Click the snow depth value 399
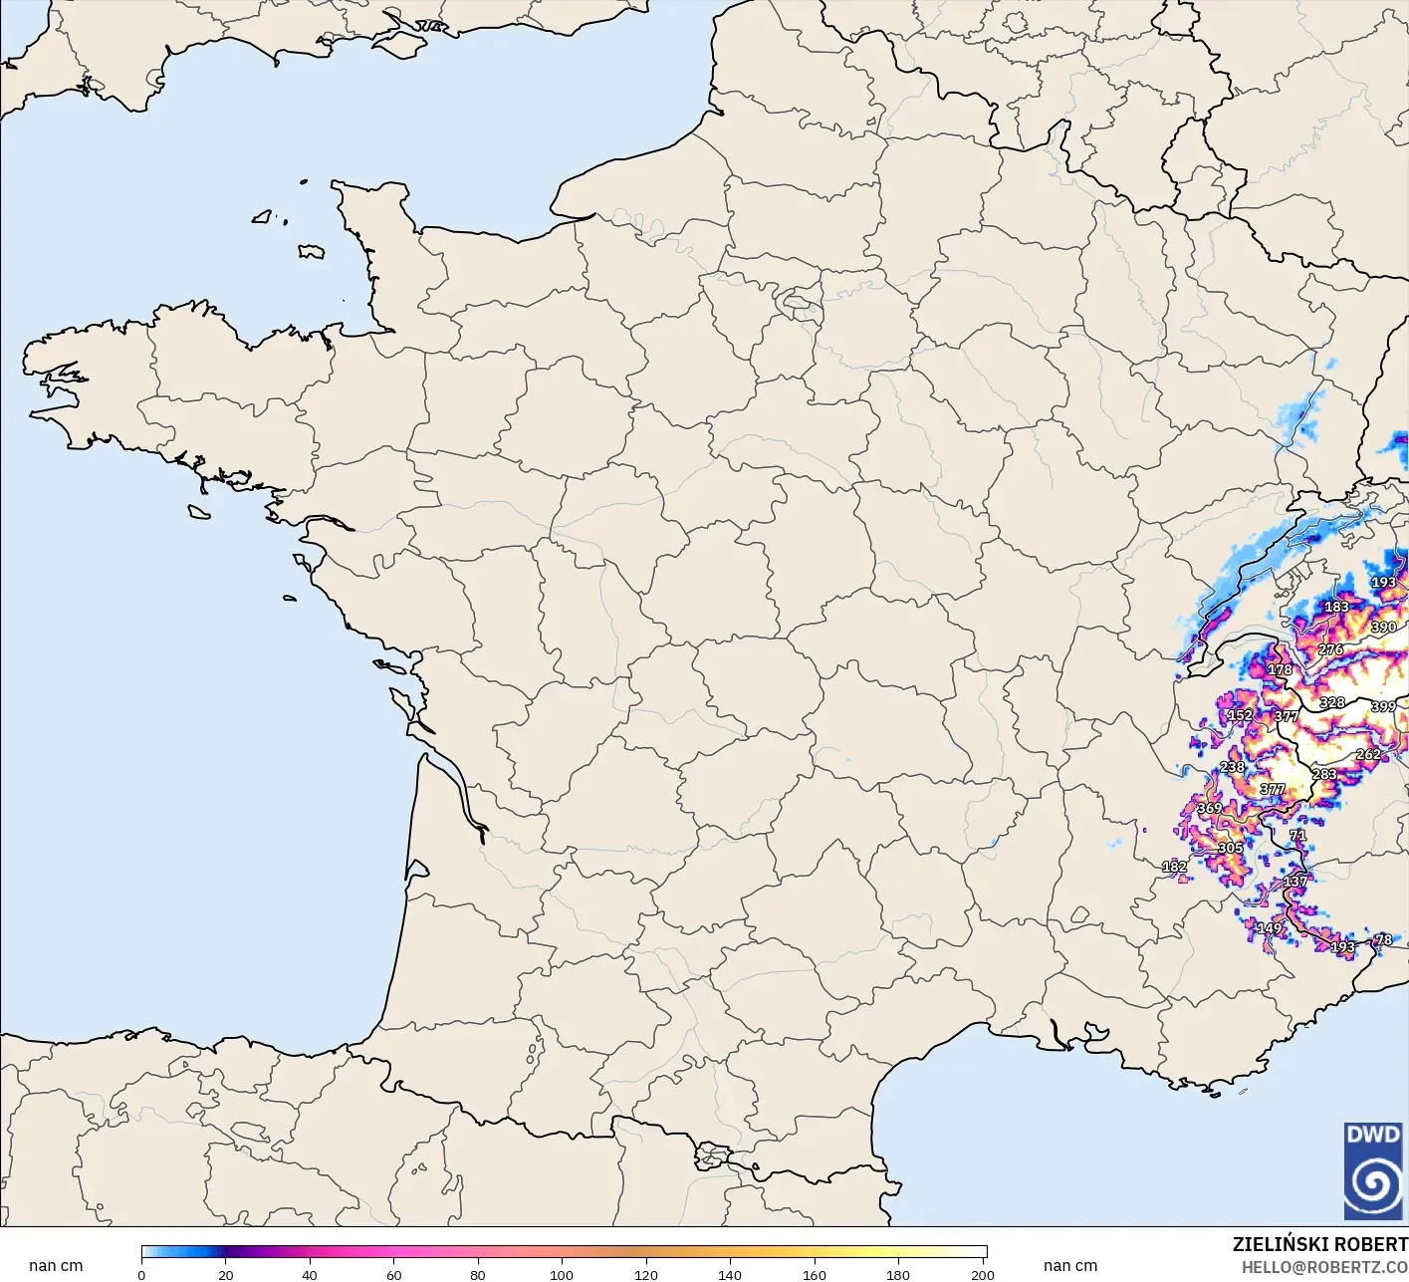tap(1383, 706)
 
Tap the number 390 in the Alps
tap(1383, 628)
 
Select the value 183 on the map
tap(1336, 607)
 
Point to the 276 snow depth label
tap(1330, 649)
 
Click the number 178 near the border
tap(1280, 670)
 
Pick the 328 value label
tap(1332, 702)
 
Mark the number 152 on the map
tap(1240, 715)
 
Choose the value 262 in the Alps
tap(1368, 754)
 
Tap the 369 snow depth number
tap(1209, 808)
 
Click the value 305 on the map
tap(1230, 849)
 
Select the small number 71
tap(1297, 836)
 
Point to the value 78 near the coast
tap(1384, 939)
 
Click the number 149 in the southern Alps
tap(1270, 928)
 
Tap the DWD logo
tap(1373, 1170)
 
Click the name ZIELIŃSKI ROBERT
tap(1319, 1244)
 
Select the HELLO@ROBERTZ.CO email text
tap(1324, 1267)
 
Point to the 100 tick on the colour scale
tap(562, 1274)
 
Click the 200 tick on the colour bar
tap(983, 1274)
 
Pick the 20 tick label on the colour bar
tap(226, 1274)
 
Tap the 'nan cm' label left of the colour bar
tap(56, 1266)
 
